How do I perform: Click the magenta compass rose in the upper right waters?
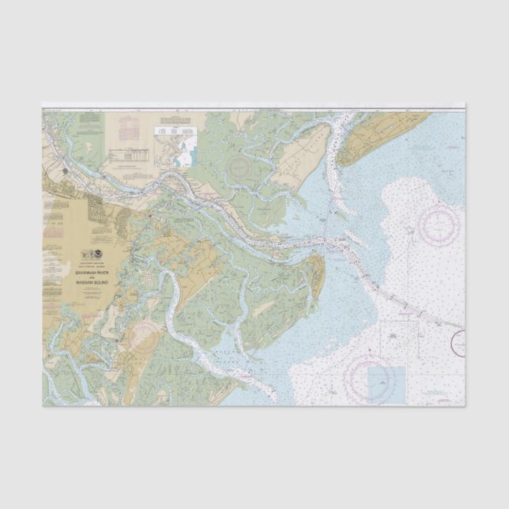coord(439,224)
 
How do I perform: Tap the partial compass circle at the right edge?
coord(458,343)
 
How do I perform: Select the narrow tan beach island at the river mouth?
coord(316,273)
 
